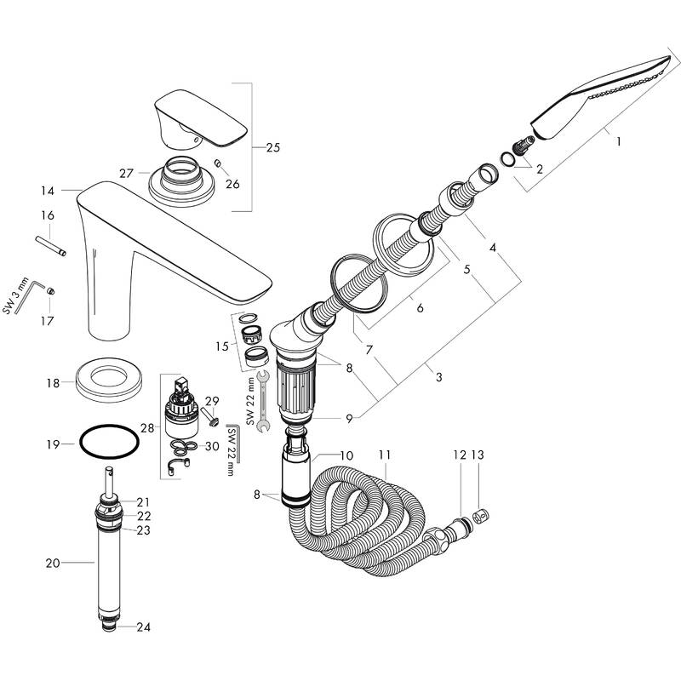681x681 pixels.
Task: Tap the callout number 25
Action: pos(272,147)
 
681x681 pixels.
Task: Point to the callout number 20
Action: pos(53,562)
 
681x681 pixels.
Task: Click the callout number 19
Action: pos(53,444)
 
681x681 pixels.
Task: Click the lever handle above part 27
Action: pos(200,115)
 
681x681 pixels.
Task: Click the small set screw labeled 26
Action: pos(219,163)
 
